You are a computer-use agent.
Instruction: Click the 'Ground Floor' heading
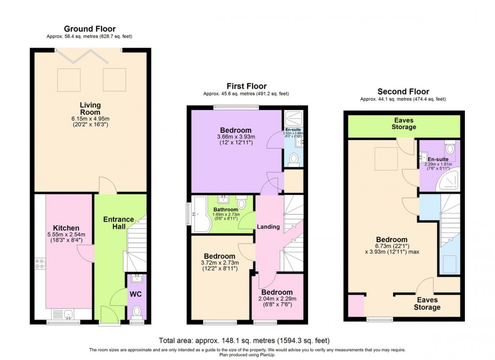point(90,29)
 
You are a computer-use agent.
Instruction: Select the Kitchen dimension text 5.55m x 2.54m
point(66,235)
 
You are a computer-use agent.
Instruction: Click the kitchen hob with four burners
point(40,265)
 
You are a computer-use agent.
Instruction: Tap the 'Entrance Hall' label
point(115,223)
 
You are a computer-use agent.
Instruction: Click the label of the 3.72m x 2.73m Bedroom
point(219,256)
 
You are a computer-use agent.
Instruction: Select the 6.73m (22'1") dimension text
point(392,246)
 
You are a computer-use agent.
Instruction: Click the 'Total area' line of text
point(247,340)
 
